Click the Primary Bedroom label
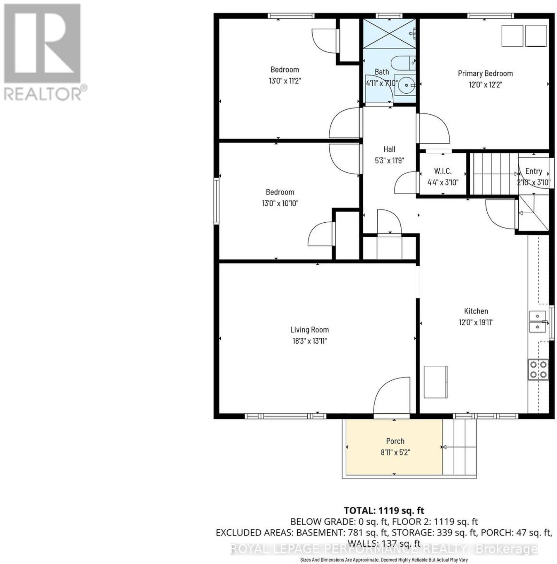coord(485,73)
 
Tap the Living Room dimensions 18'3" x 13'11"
coord(309,341)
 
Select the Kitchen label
coord(476,311)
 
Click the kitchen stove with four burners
coord(538,370)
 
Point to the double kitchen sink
coord(538,321)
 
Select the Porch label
coord(395,441)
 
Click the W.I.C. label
coord(443,171)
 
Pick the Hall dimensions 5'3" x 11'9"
coord(389,160)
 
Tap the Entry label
coord(534,171)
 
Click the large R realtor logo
coord(42,43)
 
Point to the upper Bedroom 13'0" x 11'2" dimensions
coord(285,81)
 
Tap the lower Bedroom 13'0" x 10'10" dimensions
coord(280,203)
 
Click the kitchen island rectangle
coord(436,382)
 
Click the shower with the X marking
coord(390,34)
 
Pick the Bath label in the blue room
coord(382,72)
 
